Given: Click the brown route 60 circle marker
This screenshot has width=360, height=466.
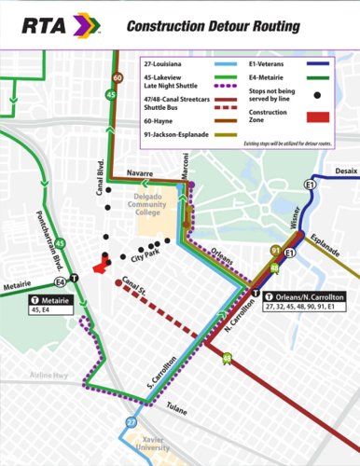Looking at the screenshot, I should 118,77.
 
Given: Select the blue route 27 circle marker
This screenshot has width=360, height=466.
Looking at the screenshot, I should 132,423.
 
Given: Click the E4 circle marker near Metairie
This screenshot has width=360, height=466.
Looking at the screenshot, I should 61,280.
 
